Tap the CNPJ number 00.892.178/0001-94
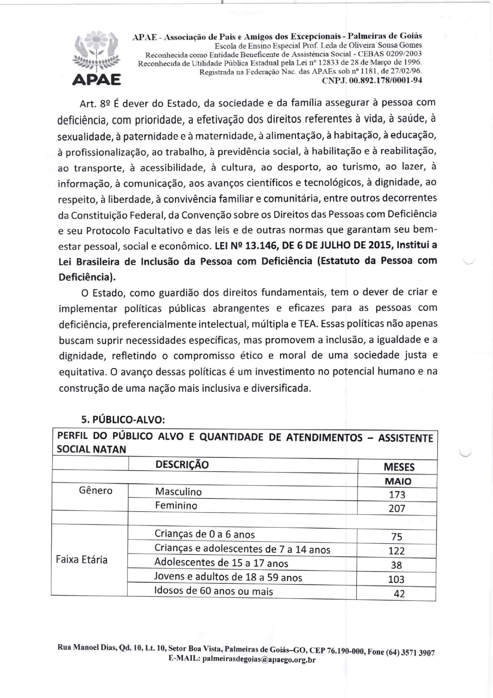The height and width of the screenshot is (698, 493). [x=372, y=80]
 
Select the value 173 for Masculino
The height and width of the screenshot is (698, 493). [x=397, y=495]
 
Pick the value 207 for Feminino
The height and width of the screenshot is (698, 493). [x=397, y=509]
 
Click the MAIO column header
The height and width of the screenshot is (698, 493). [x=398, y=481]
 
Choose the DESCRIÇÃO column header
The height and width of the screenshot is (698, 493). [x=182, y=465]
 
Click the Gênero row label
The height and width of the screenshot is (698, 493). [x=95, y=491]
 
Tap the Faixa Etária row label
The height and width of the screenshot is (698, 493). [x=82, y=560]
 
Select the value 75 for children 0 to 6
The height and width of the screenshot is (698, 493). [x=397, y=537]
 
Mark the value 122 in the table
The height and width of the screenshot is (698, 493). [x=396, y=551]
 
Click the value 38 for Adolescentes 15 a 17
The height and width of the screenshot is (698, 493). [x=396, y=565]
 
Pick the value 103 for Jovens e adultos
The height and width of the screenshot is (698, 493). [x=396, y=579]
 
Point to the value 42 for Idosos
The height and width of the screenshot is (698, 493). [x=399, y=594]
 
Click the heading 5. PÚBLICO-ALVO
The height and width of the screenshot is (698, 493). [x=123, y=420]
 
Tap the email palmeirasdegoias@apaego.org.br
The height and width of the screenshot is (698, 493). [x=259, y=659]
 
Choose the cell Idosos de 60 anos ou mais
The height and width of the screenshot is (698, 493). [x=214, y=591]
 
